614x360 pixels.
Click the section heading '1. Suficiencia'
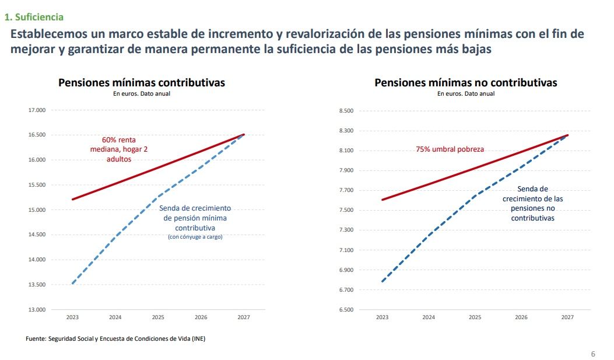click(34, 18)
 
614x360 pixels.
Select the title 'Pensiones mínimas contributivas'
click(142, 83)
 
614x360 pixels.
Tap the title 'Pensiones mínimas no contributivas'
click(466, 83)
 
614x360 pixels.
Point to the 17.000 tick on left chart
click(37, 110)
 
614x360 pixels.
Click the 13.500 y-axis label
click(37, 285)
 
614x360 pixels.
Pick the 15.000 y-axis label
click(37, 210)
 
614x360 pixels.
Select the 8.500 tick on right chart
click(346, 111)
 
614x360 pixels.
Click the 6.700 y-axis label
click(346, 290)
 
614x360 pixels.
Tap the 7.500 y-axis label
click(346, 210)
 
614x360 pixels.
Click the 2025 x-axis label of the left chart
click(158, 317)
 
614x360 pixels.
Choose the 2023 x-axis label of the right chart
click(382, 317)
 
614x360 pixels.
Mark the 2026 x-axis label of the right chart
click(521, 317)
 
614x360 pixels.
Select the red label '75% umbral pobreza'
click(450, 149)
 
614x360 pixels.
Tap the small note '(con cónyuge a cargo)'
click(195, 237)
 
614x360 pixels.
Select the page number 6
click(593, 354)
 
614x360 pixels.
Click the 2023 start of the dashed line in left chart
click(72, 284)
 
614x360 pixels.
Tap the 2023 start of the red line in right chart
click(382, 200)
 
